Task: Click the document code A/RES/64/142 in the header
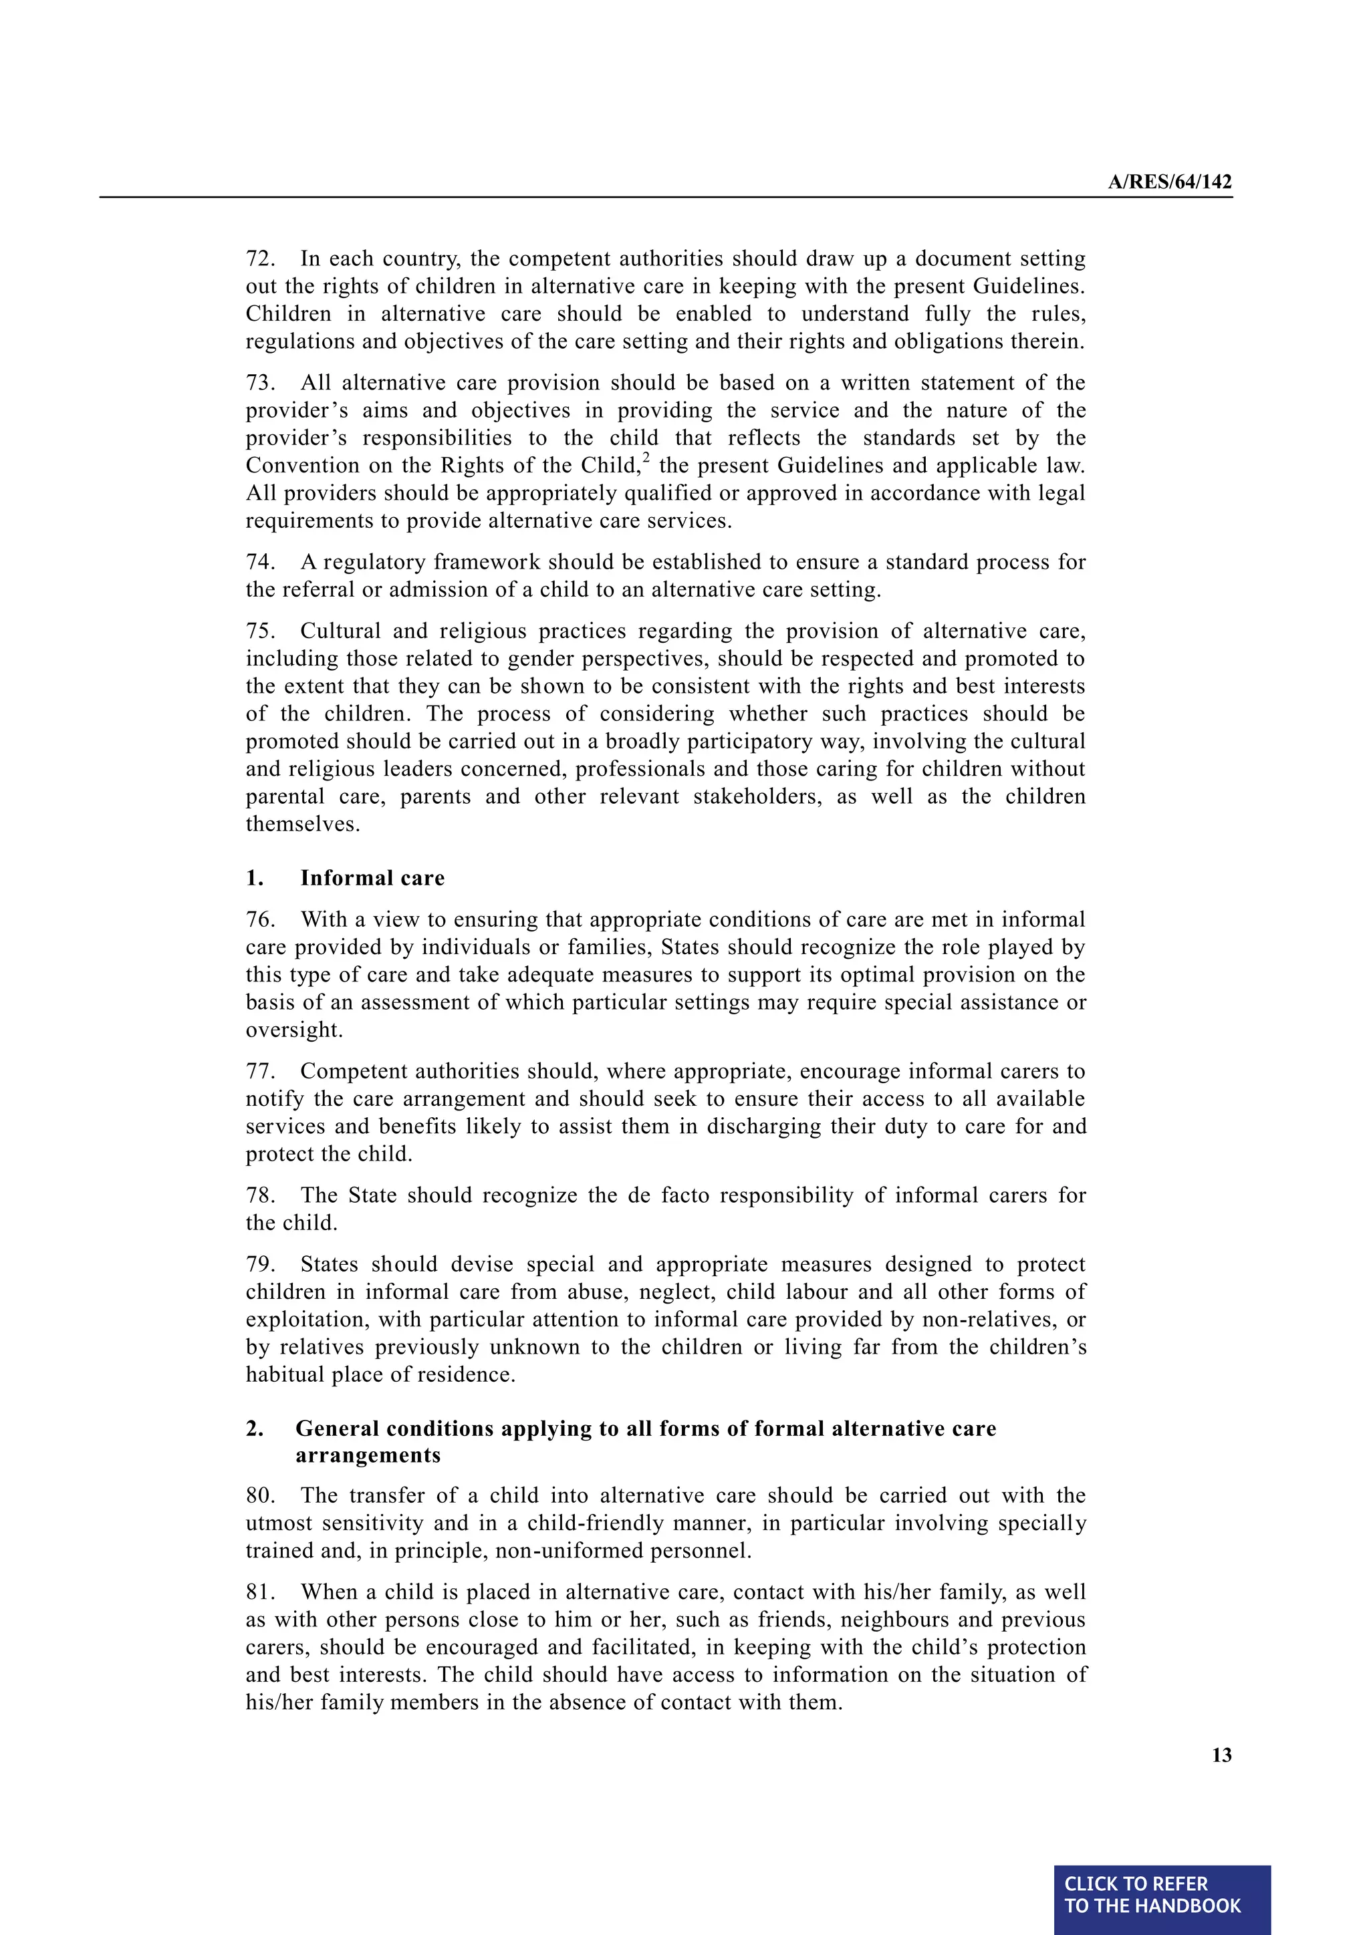point(1169,182)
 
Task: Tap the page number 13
point(1221,1755)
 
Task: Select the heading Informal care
point(372,878)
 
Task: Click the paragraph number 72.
point(259,259)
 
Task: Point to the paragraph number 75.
point(259,631)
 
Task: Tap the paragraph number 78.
point(259,1195)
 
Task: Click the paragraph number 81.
point(259,1592)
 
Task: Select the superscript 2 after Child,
point(646,458)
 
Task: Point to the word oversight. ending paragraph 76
point(293,1030)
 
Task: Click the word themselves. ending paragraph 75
point(303,825)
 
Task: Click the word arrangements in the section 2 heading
point(368,1455)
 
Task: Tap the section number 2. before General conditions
point(255,1429)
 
